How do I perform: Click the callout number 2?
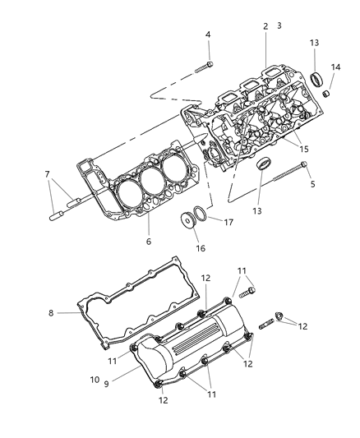[x=265, y=26]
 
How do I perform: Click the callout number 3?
[x=279, y=26]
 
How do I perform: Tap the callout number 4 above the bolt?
[x=208, y=35]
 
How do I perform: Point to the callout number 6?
[x=149, y=242]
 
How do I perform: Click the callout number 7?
[x=48, y=174]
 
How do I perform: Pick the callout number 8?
[x=51, y=312]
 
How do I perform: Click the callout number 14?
[x=335, y=67]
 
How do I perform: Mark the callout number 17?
[x=228, y=221]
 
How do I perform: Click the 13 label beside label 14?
[x=315, y=43]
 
